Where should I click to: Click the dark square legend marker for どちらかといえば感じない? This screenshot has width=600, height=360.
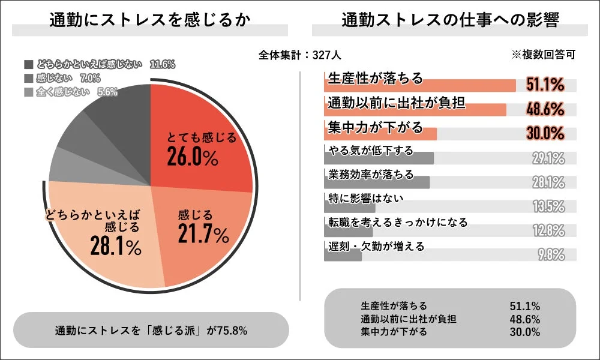click(x=29, y=64)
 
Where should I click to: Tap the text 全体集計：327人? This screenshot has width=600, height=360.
click(x=300, y=55)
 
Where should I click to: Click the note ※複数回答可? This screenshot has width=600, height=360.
click(x=544, y=55)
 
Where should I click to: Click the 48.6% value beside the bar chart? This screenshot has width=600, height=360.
click(x=545, y=109)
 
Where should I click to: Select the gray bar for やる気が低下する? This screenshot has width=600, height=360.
click(x=378, y=158)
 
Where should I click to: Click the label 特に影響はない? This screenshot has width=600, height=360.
click(x=366, y=197)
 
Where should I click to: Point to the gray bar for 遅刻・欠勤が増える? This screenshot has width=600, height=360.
click(x=343, y=255)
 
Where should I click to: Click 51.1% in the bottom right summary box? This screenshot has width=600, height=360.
click(x=524, y=306)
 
